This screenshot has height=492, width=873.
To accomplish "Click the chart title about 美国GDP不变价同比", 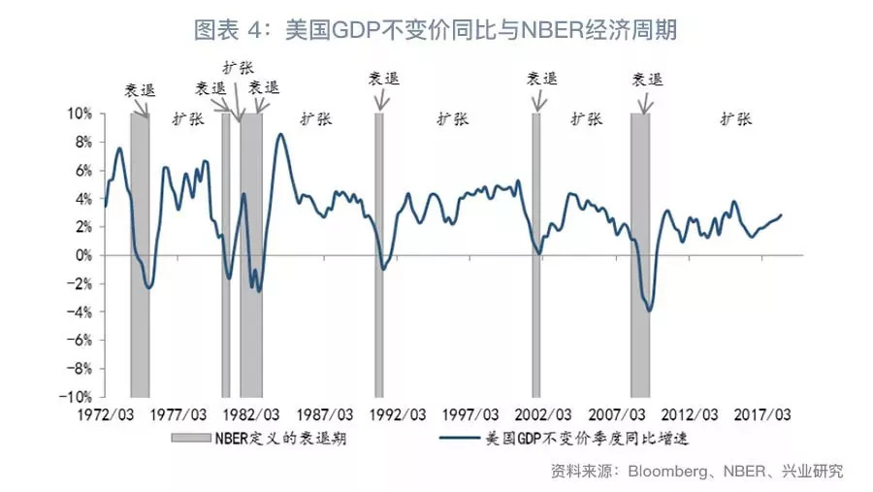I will [x=436, y=30].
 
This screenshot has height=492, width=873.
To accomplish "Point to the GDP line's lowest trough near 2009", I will [x=648, y=311].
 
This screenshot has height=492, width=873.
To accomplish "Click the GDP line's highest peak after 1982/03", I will [x=280, y=134].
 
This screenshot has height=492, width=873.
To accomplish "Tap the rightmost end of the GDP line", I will [x=782, y=214].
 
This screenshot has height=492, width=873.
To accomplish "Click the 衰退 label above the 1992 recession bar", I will [x=382, y=80].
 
